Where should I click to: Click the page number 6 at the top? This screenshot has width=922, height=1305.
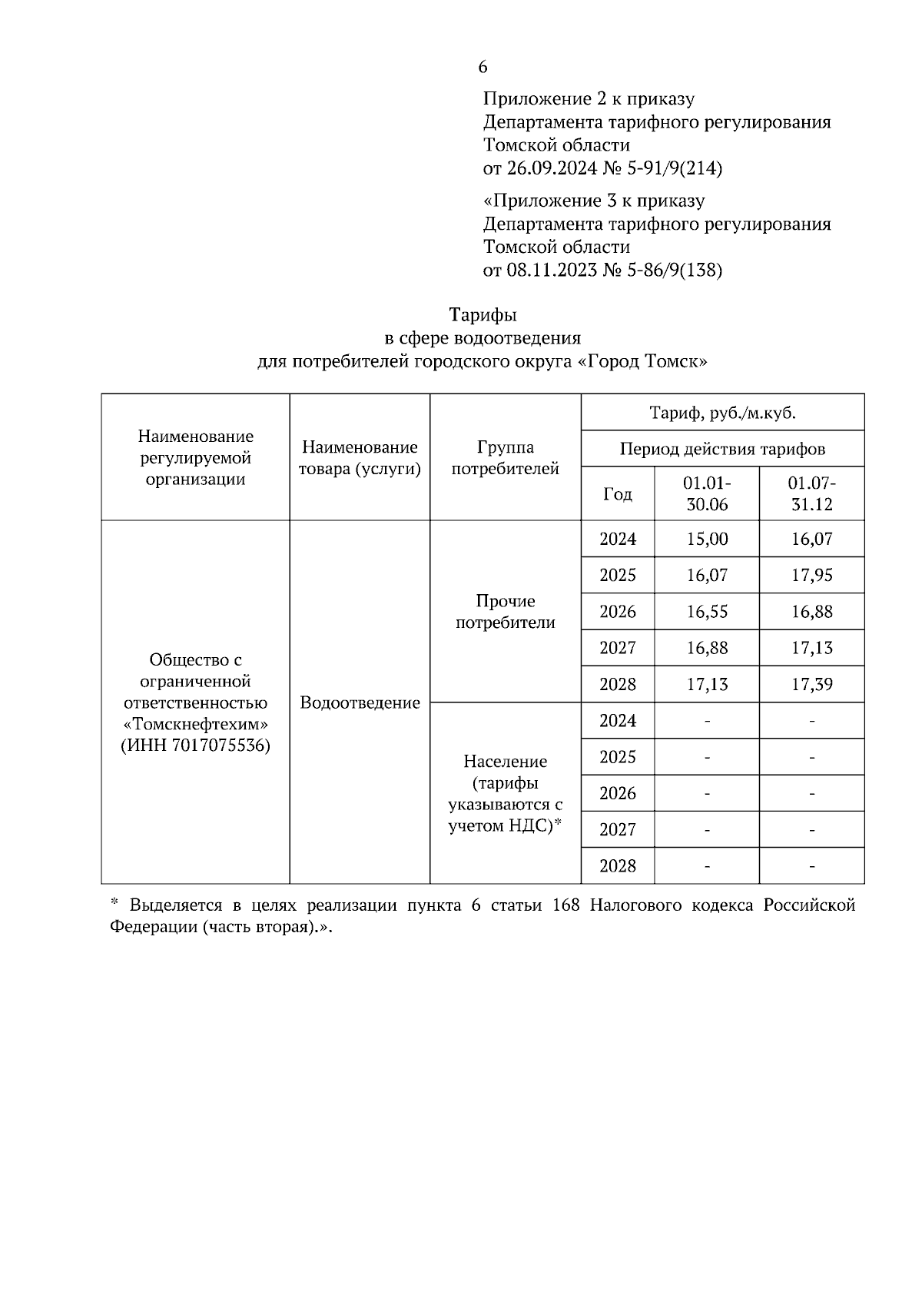(x=483, y=68)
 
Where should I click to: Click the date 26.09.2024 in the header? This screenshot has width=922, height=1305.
(x=551, y=168)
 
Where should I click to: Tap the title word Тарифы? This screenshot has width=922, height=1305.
(x=483, y=315)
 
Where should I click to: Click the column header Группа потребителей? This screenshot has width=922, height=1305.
(x=505, y=458)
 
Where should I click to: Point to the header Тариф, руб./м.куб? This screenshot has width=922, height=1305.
(x=722, y=413)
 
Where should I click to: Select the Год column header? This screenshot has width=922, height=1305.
(x=618, y=494)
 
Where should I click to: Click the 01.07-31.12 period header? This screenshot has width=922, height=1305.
(x=811, y=494)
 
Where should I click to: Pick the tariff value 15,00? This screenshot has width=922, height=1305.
(x=707, y=540)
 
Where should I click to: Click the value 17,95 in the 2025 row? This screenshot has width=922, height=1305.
(x=811, y=576)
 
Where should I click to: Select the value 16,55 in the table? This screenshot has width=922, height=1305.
(x=707, y=612)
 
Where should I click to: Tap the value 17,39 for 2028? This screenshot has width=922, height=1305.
(x=811, y=685)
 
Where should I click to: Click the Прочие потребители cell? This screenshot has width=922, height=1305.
(x=505, y=612)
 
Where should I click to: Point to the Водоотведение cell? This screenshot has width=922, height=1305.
(x=360, y=703)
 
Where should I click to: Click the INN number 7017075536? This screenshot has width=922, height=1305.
(x=217, y=746)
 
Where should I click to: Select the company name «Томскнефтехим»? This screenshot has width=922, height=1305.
(x=196, y=725)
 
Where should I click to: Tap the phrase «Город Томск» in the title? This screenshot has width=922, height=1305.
(x=642, y=362)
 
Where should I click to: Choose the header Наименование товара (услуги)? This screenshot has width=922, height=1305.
(x=360, y=458)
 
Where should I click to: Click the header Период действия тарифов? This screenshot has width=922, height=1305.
(x=722, y=450)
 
